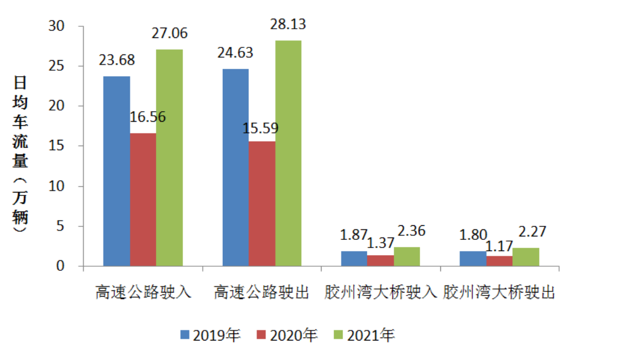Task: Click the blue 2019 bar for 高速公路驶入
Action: pyautogui.click(x=116, y=171)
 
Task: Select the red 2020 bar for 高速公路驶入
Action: pyautogui.click(x=143, y=200)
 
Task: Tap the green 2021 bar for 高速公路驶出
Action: pyautogui.click(x=288, y=153)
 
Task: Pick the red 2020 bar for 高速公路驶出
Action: pyautogui.click(x=262, y=204)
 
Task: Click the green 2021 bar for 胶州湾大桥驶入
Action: pyautogui.click(x=406, y=257)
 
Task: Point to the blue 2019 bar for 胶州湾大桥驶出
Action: pyautogui.click(x=473, y=259)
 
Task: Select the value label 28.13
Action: pyautogui.click(x=288, y=24)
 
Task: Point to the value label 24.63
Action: pyautogui.click(x=235, y=53)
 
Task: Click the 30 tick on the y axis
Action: pyautogui.click(x=60, y=26)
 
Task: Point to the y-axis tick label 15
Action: pyautogui.click(x=60, y=146)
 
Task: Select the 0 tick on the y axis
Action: pyautogui.click(x=64, y=266)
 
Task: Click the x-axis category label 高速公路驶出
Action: pyautogui.click(x=261, y=292)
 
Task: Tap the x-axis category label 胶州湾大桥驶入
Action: pyautogui.click(x=381, y=292)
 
